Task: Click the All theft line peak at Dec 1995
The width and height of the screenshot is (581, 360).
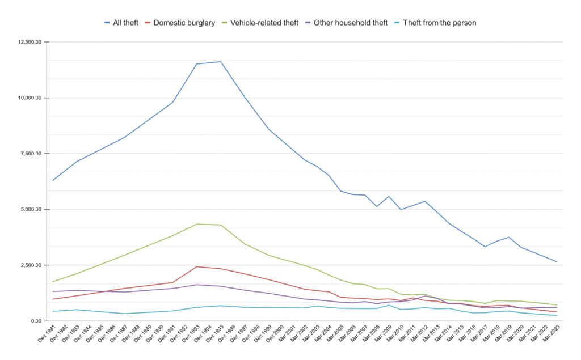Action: (221, 61)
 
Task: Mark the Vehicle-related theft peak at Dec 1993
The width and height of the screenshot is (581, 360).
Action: (197, 224)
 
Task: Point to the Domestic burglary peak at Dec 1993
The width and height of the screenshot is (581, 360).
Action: (197, 266)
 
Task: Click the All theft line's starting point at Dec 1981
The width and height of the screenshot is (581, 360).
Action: (53, 180)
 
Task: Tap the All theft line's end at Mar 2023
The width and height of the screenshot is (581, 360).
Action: (557, 262)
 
